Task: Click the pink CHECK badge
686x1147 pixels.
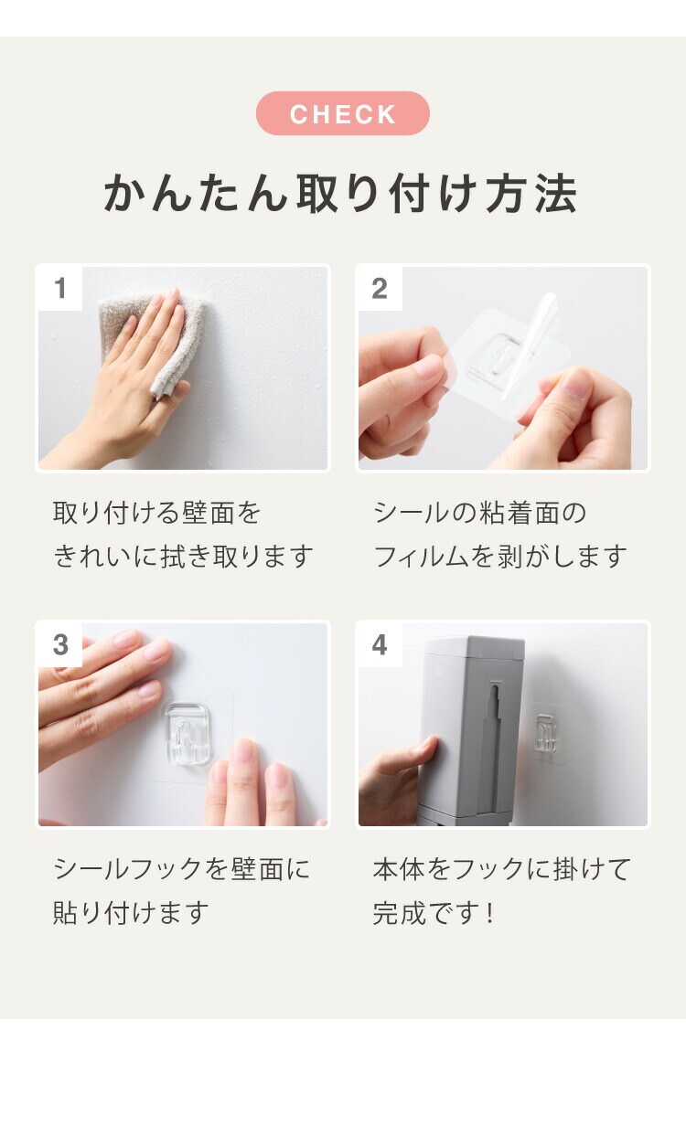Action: point(343,113)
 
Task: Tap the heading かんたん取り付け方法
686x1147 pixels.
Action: point(340,193)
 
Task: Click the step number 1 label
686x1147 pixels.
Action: point(60,288)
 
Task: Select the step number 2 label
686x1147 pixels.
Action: point(380,288)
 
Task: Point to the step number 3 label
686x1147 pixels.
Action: point(60,644)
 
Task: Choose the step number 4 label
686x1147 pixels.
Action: point(380,644)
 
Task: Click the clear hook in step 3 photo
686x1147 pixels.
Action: point(187,733)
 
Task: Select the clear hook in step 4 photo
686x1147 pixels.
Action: point(547,732)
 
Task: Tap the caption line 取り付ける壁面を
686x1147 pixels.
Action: point(156,513)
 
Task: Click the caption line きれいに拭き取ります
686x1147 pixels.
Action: point(183,557)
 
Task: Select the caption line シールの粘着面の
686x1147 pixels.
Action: point(479,513)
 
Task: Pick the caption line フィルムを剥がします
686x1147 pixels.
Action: point(500,557)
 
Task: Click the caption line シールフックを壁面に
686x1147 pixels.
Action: point(181,869)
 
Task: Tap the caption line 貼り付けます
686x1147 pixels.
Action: point(131,913)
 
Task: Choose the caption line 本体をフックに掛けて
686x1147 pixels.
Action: point(501,869)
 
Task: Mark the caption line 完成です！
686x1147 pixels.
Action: point(434,913)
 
